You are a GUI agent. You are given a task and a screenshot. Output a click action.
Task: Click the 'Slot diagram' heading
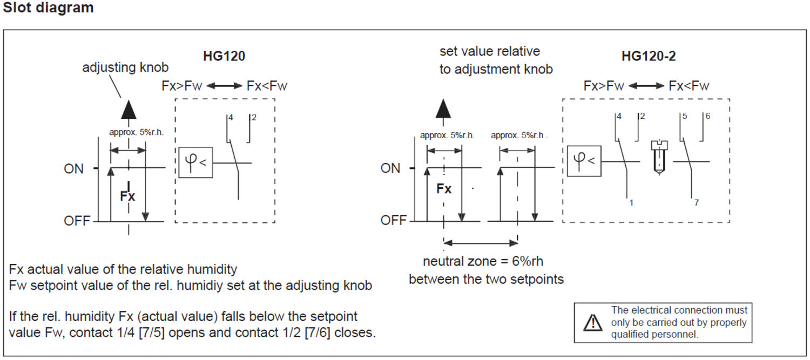[48, 8]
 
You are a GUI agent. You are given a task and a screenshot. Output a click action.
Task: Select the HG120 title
[224, 56]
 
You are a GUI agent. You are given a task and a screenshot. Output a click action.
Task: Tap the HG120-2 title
[650, 56]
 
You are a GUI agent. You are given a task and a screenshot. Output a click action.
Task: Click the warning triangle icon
[593, 322]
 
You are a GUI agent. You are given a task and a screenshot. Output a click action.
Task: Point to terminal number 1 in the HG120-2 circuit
[631, 203]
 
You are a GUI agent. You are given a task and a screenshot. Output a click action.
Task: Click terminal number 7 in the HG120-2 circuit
[697, 203]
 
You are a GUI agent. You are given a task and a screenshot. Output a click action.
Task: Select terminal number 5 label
[684, 116]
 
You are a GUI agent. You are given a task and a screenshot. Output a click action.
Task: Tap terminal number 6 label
[707, 116]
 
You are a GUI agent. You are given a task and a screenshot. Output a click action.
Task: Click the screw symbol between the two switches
[657, 157]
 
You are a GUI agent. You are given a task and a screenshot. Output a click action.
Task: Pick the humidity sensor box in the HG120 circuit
[196, 161]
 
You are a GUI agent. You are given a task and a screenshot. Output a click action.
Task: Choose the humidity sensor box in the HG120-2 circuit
[584, 161]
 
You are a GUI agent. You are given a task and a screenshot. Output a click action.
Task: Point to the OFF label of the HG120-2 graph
[394, 220]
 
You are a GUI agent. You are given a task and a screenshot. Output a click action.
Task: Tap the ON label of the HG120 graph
[74, 169]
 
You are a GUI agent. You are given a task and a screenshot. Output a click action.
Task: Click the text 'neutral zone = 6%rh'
[483, 262]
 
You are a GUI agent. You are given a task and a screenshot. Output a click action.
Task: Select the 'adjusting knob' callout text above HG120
[125, 67]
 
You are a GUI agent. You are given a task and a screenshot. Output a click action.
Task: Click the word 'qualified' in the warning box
[630, 334]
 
